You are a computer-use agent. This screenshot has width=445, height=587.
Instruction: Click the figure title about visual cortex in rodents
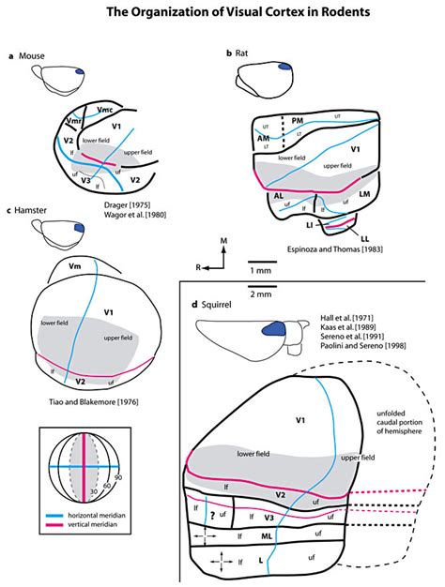pos(222,12)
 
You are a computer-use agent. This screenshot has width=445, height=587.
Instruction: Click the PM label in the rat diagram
pos(297,121)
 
